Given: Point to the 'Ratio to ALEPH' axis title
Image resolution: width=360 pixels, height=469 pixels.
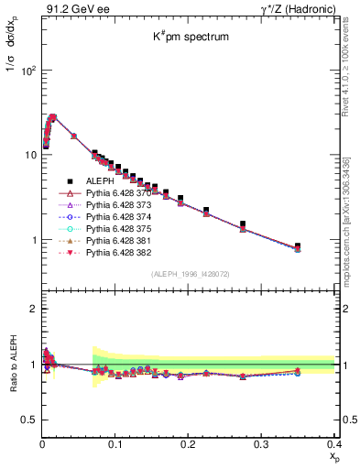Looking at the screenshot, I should (x=12, y=365).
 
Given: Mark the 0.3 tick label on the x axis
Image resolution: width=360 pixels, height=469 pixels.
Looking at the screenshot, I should (x=261, y=444).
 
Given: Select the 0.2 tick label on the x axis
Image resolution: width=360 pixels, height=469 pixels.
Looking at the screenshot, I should (x=189, y=444).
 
